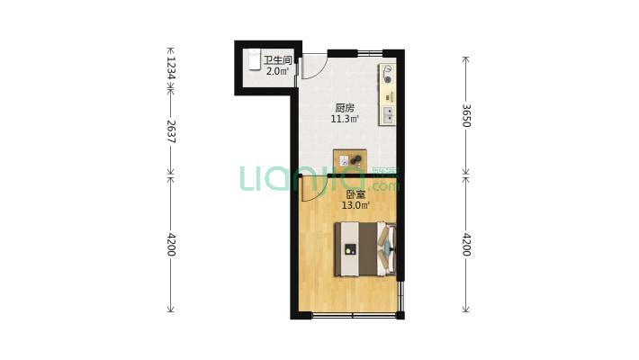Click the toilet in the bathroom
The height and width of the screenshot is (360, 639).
point(255,59)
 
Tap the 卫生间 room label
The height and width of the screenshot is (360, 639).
point(278,60)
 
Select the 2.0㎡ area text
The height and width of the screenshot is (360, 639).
point(277,71)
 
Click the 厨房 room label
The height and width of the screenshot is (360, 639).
point(345,108)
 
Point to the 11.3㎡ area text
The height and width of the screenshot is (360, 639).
point(345,119)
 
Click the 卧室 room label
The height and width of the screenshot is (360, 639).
point(355,194)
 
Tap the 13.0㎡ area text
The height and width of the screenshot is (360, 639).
point(355,205)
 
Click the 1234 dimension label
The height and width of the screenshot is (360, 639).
point(171,67)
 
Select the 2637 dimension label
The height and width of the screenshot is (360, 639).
point(171,131)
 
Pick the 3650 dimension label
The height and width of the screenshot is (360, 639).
point(466,116)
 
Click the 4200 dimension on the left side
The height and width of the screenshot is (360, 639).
point(171,245)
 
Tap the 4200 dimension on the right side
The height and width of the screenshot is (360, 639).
point(466,245)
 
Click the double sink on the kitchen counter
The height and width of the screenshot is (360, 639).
point(388,115)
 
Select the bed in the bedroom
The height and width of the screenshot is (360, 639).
point(365,249)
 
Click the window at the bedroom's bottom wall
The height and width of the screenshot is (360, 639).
point(354,315)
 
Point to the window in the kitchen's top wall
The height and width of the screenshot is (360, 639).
point(370,53)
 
